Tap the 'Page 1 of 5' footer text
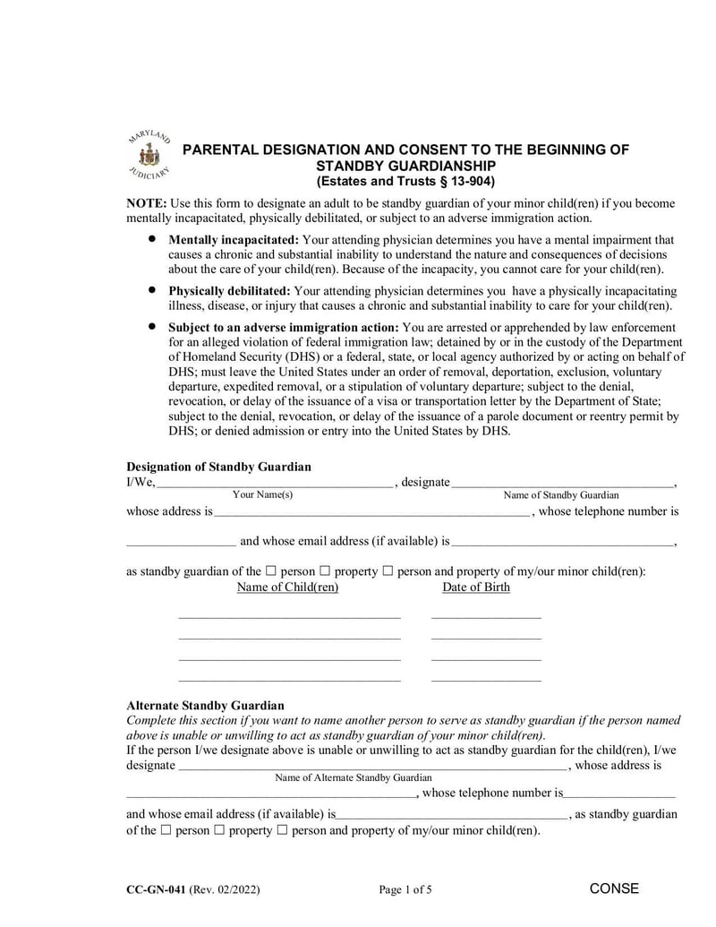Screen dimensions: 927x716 [405, 889]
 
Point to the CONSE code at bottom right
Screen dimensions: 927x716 [614, 888]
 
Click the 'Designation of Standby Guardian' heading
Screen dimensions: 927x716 [218, 467]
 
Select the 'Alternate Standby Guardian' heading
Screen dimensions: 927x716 [205, 706]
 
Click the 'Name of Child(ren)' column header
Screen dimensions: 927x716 [287, 588]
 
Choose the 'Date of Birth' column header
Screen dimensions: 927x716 [476, 588]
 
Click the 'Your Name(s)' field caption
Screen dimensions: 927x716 [262, 495]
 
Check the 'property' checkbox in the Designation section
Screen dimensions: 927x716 [325, 571]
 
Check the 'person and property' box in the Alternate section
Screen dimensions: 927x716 [282, 830]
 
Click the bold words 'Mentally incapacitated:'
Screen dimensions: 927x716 [234, 240]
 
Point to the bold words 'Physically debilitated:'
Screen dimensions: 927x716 [229, 291]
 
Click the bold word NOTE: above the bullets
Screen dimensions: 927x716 [146, 203]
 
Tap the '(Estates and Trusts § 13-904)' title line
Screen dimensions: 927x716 [405, 181]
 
